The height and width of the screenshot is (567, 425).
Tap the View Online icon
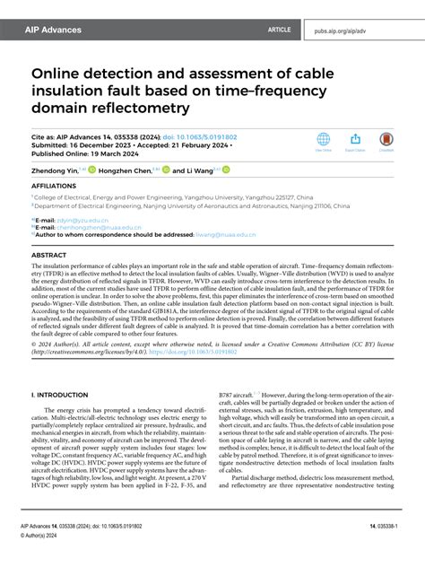pos(324,142)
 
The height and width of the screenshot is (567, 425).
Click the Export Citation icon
pos(355,142)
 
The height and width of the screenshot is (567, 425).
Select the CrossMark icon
pos(386,142)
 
